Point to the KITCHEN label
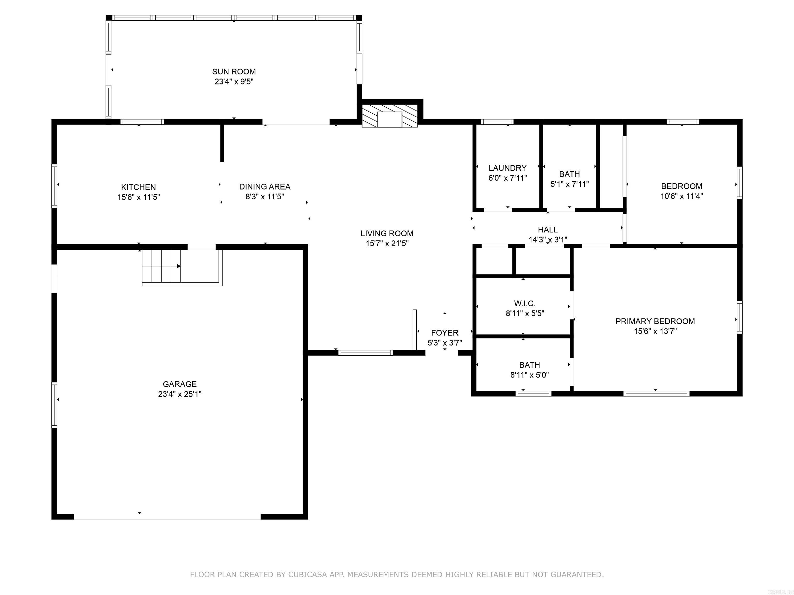(x=138, y=187)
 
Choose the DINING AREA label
(x=265, y=186)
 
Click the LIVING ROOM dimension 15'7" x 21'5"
(x=387, y=244)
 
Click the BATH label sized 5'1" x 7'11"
(x=569, y=174)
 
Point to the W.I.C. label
(x=524, y=303)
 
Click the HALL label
(x=547, y=230)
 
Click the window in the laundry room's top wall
(x=497, y=122)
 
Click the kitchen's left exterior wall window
(x=54, y=185)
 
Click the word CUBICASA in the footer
(x=307, y=575)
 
